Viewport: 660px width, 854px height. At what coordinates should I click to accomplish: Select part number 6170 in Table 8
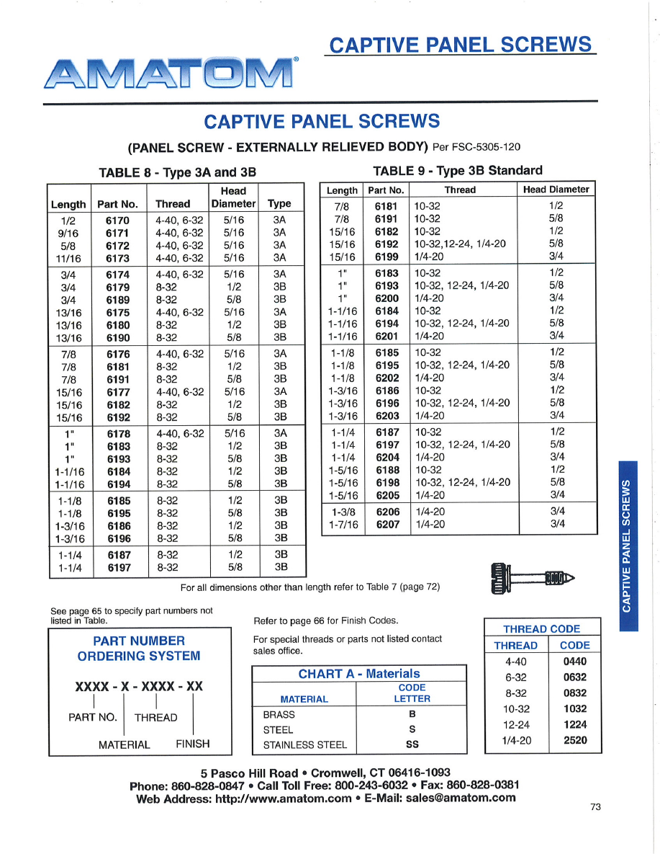(117, 221)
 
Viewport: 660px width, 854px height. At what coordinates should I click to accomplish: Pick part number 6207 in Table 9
(387, 524)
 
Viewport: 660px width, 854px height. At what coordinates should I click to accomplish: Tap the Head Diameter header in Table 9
(556, 190)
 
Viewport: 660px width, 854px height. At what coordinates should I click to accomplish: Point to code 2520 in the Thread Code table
(574, 740)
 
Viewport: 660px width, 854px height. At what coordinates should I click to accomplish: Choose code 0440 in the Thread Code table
(574, 661)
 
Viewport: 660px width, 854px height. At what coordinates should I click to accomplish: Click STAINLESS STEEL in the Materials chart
(304, 745)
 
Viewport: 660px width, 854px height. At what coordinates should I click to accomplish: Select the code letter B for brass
(412, 714)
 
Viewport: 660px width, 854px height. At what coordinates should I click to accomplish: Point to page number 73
(595, 807)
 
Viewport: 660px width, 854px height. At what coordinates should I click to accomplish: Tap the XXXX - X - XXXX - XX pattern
(139, 686)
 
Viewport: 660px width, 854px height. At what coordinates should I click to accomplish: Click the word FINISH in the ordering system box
(193, 744)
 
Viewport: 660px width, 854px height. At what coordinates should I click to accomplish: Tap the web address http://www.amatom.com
(284, 798)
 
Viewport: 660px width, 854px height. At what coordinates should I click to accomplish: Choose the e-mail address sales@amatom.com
(461, 798)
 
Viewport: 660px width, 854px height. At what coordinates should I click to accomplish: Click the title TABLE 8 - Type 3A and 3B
(177, 172)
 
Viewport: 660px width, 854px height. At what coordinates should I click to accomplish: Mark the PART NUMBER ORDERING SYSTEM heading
(139, 648)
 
